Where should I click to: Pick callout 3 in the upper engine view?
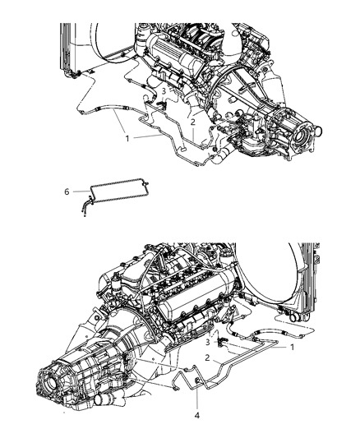[164, 91]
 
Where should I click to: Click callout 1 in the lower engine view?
[290, 347]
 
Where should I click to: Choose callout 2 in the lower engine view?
[210, 357]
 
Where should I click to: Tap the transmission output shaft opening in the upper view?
[313, 131]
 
